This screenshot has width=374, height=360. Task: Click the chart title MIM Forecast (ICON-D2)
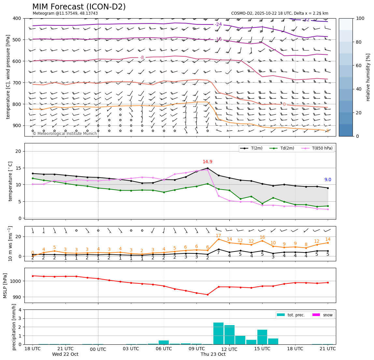click(x=79, y=7)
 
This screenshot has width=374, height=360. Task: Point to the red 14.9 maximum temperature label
click(x=208, y=162)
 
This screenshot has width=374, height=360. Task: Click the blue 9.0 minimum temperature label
click(x=328, y=180)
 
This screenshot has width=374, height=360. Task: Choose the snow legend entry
click(x=323, y=315)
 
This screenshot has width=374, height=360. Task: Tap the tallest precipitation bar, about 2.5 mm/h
click(x=218, y=333)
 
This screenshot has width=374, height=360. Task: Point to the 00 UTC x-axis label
click(x=98, y=349)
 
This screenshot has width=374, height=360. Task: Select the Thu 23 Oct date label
click(x=213, y=354)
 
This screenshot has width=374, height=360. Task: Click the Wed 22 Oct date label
click(x=65, y=354)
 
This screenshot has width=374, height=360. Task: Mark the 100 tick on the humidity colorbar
click(x=360, y=18)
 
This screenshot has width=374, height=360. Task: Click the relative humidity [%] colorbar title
click(x=368, y=77)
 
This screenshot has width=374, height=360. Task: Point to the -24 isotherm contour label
click(x=218, y=24)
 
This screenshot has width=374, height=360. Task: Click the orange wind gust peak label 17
click(x=218, y=236)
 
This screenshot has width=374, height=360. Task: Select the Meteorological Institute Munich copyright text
click(x=65, y=134)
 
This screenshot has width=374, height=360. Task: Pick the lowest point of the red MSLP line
click(x=208, y=295)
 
